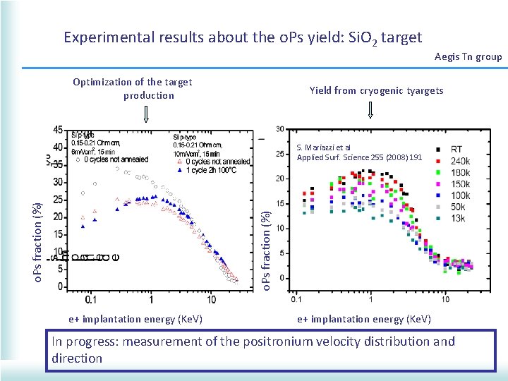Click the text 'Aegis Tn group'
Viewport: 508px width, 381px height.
pyautogui.click(x=468, y=56)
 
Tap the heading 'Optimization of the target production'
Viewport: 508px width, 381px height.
pyautogui.click(x=132, y=89)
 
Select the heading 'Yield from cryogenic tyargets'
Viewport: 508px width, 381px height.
pyautogui.click(x=376, y=90)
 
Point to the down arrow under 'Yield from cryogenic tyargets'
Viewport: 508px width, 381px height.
pyautogui.click(x=371, y=110)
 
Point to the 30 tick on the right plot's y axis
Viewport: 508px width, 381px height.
pyautogui.click(x=280, y=128)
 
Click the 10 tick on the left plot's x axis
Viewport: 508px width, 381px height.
pyautogui.click(x=212, y=300)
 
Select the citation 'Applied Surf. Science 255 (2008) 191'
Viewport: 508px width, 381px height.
pyautogui.click(x=359, y=157)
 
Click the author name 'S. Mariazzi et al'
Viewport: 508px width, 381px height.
pyautogui.click(x=324, y=148)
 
